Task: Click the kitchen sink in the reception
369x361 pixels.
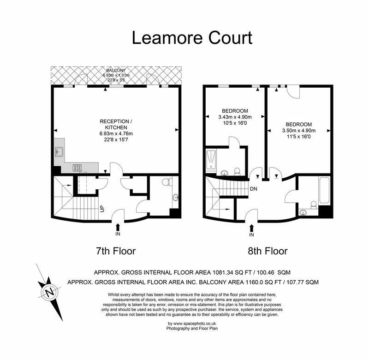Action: pyautogui.click(x=59, y=152)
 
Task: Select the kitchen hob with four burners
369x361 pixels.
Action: pyautogui.click(x=77, y=168)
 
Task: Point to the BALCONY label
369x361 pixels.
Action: pyautogui.click(x=116, y=70)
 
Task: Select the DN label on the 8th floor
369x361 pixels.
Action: pyautogui.click(x=253, y=188)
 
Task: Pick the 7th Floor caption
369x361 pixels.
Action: pyautogui.click(x=115, y=251)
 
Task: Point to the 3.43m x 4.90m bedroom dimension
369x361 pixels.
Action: pyautogui.click(x=235, y=117)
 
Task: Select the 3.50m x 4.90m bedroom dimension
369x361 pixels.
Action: pyautogui.click(x=299, y=131)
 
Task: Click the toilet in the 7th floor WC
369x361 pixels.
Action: pyautogui.click(x=169, y=181)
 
